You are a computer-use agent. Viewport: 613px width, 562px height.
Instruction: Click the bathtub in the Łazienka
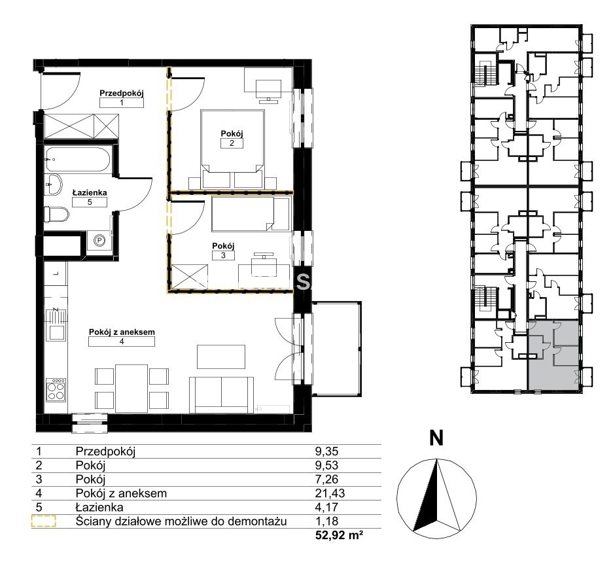77,159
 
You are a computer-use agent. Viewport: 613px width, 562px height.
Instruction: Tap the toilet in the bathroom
57,214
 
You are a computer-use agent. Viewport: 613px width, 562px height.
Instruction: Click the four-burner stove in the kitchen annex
56,390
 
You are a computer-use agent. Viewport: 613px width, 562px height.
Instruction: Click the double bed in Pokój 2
232,149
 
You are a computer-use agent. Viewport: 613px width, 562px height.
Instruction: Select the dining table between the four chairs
131,388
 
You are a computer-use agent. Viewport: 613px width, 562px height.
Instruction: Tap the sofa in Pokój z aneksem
221,395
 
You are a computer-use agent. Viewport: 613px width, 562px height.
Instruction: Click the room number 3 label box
223,255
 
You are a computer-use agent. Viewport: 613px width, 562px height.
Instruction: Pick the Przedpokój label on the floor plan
122,93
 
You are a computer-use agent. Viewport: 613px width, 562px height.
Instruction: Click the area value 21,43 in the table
330,493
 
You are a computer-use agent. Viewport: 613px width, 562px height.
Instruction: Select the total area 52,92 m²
339,535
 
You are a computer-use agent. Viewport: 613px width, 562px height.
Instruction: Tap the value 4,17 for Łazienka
327,507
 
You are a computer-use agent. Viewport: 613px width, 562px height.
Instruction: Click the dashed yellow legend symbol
43,521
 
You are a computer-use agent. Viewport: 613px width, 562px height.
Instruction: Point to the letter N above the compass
436,438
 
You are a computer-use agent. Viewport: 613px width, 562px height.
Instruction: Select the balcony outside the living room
337,349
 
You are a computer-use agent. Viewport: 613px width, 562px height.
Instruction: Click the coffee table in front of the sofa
221,357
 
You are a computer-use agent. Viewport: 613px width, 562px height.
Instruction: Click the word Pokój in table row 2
90,465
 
